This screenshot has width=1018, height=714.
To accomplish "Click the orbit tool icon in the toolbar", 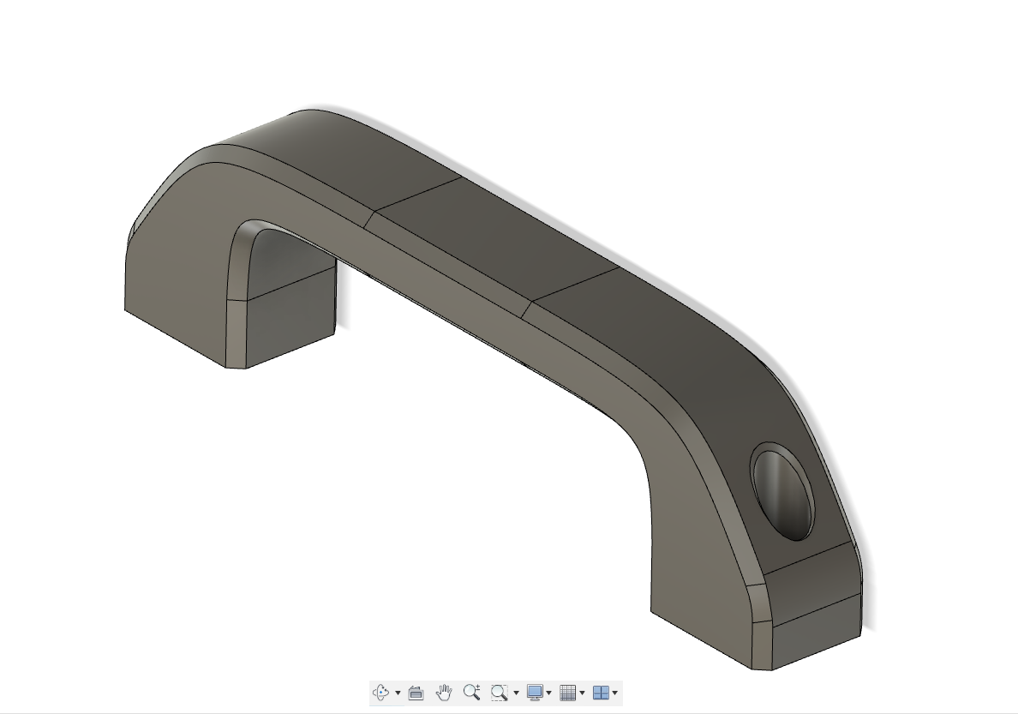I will coord(381,693).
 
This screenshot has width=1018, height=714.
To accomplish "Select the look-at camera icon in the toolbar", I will coord(416,693).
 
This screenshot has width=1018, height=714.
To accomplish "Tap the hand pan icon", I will coord(443,693).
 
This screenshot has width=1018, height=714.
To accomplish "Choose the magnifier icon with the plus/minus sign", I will coord(470,693).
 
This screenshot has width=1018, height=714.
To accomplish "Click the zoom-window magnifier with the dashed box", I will coord(499,693).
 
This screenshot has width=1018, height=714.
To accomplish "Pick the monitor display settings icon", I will coord(535,693).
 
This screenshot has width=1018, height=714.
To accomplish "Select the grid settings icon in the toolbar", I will coord(567,693).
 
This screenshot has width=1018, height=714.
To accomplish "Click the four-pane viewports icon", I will coord(601,693).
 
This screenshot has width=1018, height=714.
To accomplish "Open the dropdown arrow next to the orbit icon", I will coord(398,693).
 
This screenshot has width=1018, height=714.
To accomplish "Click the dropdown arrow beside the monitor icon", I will coord(548,693).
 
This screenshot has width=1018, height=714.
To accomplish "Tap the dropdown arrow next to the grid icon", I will coord(582,693).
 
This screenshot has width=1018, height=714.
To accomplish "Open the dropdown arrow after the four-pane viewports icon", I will coord(615,693).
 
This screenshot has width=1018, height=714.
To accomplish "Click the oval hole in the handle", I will coord(781,491).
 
